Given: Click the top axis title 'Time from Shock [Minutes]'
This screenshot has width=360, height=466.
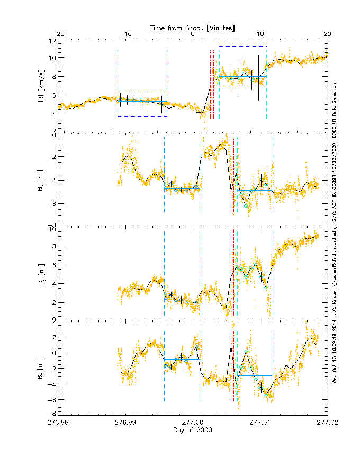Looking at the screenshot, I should coord(193,27).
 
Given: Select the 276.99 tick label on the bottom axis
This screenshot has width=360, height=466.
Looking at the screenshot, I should coord(125,423).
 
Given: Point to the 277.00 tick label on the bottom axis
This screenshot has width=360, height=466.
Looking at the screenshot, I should coord(193,423).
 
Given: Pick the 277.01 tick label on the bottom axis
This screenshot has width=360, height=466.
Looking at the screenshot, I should coord(260,423).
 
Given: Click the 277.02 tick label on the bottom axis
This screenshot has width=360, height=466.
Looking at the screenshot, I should coord(327,423).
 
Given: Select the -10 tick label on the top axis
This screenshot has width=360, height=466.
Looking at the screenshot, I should coord(125,34).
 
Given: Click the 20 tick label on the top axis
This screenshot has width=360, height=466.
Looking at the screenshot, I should coord(327,34).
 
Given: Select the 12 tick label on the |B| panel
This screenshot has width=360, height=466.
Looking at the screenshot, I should coord(52,41).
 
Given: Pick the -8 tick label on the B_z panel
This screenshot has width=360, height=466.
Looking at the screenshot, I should coord(52,413).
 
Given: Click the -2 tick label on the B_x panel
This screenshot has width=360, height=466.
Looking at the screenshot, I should coord(52,157).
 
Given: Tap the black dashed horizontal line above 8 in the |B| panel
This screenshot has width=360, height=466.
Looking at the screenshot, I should coord(242,46).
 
